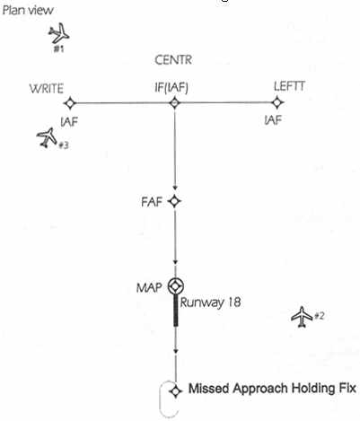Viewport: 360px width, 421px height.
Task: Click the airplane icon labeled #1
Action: point(59,33)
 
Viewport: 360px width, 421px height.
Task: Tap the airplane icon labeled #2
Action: point(302,317)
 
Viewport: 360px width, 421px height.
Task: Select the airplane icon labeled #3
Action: point(47,137)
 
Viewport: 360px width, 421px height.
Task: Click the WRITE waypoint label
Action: point(47,89)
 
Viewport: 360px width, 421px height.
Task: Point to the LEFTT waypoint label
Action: point(289,86)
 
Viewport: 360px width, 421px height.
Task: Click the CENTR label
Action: point(173,60)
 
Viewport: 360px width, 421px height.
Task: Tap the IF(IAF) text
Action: point(171,88)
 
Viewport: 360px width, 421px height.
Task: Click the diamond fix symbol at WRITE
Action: point(70,103)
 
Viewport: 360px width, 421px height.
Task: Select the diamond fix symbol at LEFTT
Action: point(277,102)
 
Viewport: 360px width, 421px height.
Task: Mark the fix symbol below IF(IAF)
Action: point(175,103)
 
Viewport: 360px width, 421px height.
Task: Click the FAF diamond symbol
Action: point(174,201)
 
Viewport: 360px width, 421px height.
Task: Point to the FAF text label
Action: point(152,202)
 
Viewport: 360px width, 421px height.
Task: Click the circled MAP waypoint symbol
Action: point(175,286)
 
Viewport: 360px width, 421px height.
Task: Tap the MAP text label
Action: point(149,288)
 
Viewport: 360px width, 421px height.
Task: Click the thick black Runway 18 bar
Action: point(176,310)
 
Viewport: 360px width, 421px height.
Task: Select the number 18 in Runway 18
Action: point(234,303)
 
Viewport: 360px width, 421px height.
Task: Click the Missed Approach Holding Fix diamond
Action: point(176,391)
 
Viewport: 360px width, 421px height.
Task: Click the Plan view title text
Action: point(28,11)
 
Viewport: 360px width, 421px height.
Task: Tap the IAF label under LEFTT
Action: point(273,120)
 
